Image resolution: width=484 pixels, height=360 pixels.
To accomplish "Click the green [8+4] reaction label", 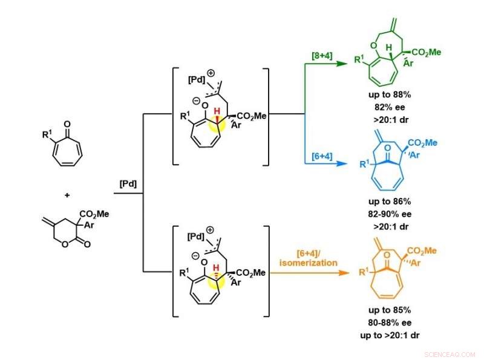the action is pyautogui.click(x=322, y=56).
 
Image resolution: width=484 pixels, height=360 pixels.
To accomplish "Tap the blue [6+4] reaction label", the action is pyautogui.click(x=322, y=156).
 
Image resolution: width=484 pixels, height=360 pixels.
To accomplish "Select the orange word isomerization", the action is pyautogui.click(x=308, y=263).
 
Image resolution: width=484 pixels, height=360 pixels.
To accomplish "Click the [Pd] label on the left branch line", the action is pyautogui.click(x=128, y=184).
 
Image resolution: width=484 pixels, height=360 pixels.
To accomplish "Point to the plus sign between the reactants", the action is pyautogui.click(x=67, y=195).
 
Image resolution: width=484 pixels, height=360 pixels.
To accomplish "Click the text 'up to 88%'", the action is pyautogui.click(x=390, y=94).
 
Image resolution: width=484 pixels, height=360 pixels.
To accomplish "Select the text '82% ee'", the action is pyautogui.click(x=390, y=107).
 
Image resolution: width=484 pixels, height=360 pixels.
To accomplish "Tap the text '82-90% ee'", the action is pyautogui.click(x=390, y=214).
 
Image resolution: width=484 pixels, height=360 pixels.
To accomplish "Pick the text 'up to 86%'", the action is pyautogui.click(x=390, y=201).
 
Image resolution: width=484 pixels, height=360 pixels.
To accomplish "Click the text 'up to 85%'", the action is pyautogui.click(x=390, y=310).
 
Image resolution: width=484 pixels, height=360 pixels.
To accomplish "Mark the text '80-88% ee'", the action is pyautogui.click(x=390, y=322).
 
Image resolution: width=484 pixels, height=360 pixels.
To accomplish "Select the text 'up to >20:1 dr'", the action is pyautogui.click(x=390, y=335).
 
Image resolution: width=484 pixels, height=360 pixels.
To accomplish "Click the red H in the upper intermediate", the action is pyautogui.click(x=217, y=111).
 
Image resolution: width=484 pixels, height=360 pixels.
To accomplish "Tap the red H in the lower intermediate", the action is pyautogui.click(x=217, y=267).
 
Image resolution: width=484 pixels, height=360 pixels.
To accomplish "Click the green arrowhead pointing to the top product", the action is pyautogui.click(x=342, y=64).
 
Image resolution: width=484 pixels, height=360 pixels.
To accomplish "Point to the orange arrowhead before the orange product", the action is pyautogui.click(x=344, y=273).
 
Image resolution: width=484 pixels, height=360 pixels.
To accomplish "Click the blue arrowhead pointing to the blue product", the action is pyautogui.click(x=342, y=163).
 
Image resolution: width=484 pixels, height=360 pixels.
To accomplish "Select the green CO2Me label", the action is pyautogui.click(x=427, y=53).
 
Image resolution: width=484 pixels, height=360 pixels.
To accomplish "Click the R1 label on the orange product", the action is pyautogui.click(x=364, y=272).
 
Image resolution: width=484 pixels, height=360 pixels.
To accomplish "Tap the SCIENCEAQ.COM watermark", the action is pyautogui.click(x=450, y=355).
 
